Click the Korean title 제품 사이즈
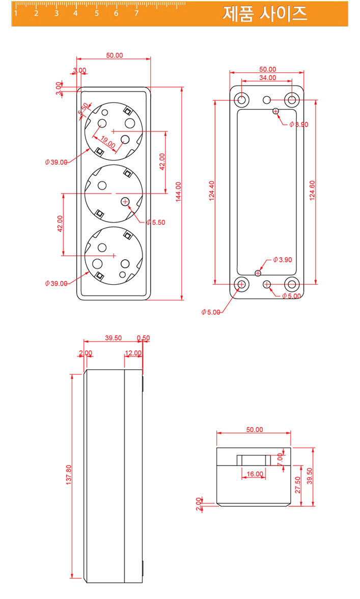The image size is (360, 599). point(265,14)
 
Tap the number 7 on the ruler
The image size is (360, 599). point(136,14)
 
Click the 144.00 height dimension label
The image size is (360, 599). point(178,192)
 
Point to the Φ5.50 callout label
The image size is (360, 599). point(156,222)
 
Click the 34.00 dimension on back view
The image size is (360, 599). point(267,78)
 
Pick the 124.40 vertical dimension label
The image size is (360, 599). point(212,192)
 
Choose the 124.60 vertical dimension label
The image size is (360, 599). point(312,190)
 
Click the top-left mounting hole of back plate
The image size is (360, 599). point(241,99)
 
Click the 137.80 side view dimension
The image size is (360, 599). point(69,474)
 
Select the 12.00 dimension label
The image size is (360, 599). point(133,353)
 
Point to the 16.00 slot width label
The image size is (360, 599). point(255,474)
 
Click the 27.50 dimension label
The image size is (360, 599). point(298,485)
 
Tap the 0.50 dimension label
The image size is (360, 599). point(144,338)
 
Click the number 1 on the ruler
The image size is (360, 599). point(16,14)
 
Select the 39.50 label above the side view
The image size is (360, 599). point(113,338)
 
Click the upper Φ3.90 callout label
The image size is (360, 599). point(298,124)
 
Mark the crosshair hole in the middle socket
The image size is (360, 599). point(125,202)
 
